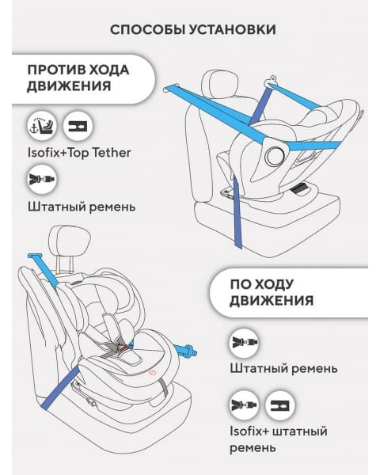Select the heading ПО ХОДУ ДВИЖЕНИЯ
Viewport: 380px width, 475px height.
tap(272, 291)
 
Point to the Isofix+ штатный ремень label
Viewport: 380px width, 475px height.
tap(278, 439)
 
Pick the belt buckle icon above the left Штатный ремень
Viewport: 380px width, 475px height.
tap(40, 180)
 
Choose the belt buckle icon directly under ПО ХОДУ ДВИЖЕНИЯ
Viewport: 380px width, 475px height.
tap(244, 342)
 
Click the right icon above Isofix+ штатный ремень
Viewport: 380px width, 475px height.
tap(279, 405)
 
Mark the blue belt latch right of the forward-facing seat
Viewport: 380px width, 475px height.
tap(190, 348)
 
